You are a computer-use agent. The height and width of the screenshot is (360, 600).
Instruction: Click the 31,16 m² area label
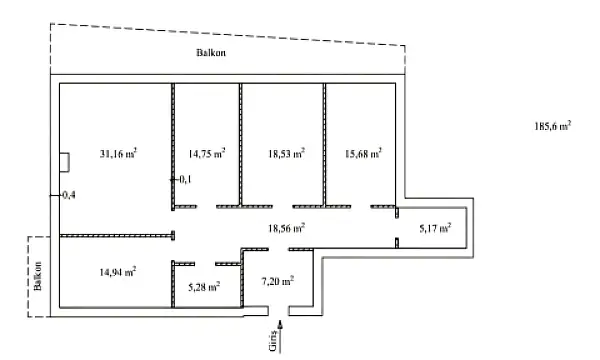(118, 154)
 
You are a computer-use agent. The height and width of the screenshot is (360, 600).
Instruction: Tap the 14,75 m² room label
(206, 154)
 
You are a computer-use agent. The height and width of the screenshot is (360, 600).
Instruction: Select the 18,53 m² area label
(285, 154)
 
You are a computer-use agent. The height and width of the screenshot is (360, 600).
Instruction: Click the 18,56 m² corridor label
(285, 228)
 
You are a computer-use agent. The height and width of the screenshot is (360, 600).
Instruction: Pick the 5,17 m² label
(434, 228)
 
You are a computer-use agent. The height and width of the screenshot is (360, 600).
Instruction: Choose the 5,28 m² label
(204, 286)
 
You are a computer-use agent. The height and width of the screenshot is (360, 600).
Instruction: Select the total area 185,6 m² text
(552, 127)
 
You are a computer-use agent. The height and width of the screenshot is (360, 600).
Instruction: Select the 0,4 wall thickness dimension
(68, 194)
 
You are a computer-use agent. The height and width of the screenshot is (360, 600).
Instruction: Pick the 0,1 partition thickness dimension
(184, 179)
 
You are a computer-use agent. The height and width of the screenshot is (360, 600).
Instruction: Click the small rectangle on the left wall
(62, 160)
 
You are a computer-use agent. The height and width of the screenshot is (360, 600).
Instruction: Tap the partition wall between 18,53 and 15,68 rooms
(324, 140)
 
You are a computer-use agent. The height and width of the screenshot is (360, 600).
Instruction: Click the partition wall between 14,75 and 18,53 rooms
(240, 140)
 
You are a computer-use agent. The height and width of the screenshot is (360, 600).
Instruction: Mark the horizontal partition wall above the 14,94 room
(115, 236)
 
